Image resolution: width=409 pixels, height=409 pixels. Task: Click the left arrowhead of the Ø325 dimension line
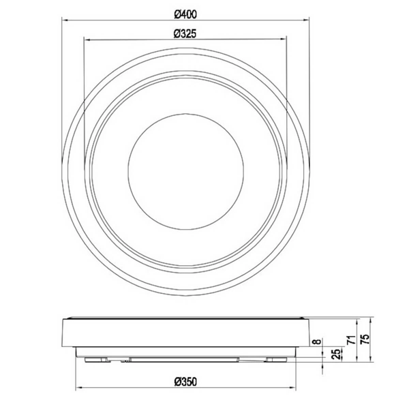tap(85, 40)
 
